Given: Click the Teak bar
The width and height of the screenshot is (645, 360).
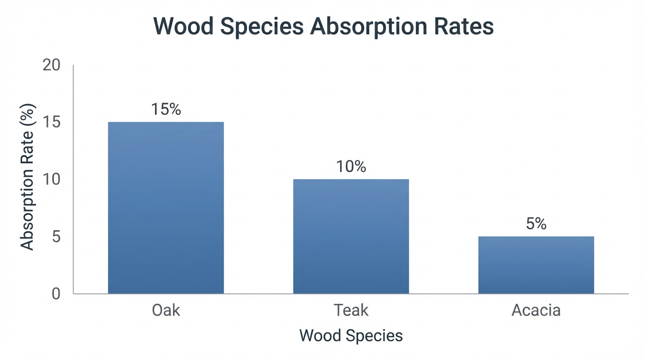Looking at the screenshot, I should tap(351, 236).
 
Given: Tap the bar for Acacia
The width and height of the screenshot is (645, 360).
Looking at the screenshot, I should tap(536, 265).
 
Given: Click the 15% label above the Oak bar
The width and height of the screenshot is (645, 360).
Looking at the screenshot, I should tap(166, 109).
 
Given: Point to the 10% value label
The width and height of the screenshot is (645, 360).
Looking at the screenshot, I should tap(351, 166).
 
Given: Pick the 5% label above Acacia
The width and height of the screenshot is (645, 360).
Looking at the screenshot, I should tap(536, 224).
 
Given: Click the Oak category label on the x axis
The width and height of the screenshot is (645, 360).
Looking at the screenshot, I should tap(166, 310).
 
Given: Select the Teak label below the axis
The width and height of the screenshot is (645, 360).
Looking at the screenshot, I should tap(351, 310).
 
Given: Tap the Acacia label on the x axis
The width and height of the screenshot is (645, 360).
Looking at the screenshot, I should tap(536, 310).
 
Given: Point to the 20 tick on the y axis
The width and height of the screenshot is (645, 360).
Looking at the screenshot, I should tap(52, 65).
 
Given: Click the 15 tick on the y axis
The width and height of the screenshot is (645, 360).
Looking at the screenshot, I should tap(52, 122).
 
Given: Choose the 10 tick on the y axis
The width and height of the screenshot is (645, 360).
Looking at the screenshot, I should tap(52, 180).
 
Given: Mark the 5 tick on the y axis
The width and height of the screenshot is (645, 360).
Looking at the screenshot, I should tap(56, 237).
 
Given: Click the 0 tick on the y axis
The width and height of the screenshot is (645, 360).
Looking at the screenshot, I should tap(56, 294).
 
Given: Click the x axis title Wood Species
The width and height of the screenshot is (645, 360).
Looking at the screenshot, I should tap(351, 336).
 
